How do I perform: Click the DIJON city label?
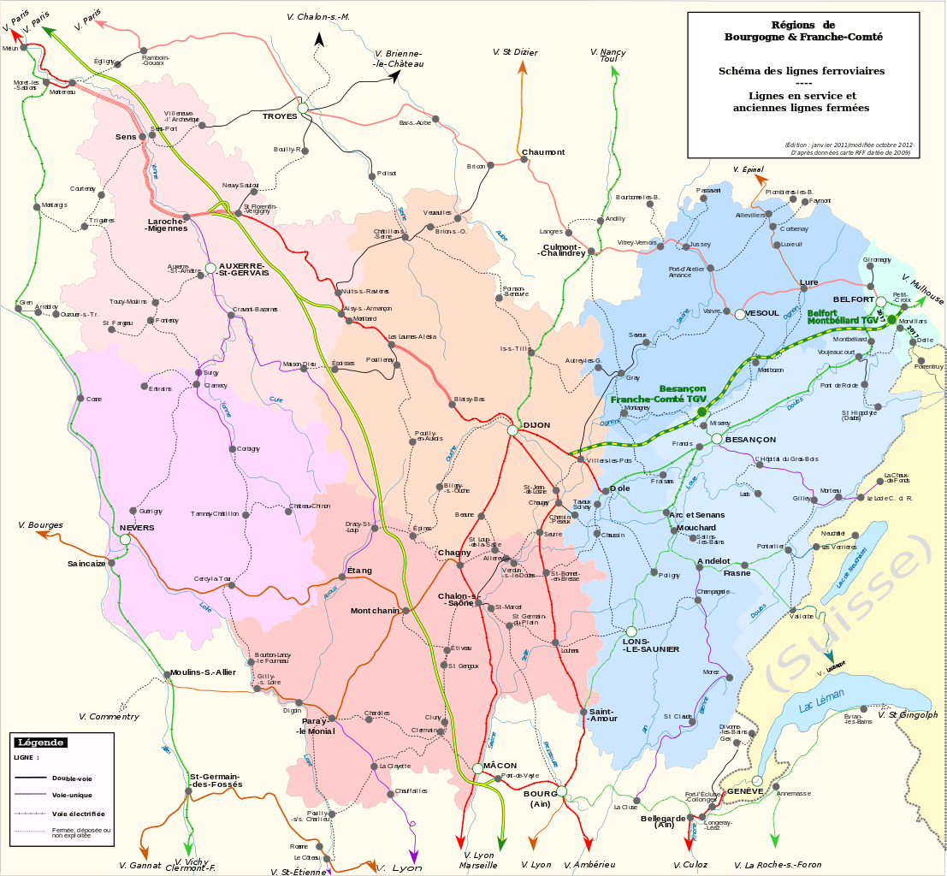[537, 425]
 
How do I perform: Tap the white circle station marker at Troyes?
[303, 108]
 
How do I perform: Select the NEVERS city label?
[137, 528]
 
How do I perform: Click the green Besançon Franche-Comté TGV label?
[659, 394]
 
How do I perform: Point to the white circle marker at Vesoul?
[739, 314]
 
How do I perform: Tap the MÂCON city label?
[500, 764]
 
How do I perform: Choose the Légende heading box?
[42, 743]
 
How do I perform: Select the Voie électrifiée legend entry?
[79, 814]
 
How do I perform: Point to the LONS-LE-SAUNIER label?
[651, 645]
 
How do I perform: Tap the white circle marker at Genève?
[758, 780]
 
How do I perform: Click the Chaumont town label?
[543, 152]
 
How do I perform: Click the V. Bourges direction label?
[40, 524]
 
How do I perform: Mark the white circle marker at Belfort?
[881, 301]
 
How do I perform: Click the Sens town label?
[126, 136]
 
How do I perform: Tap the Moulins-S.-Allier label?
[203, 672]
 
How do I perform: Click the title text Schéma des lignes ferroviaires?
[802, 71]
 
